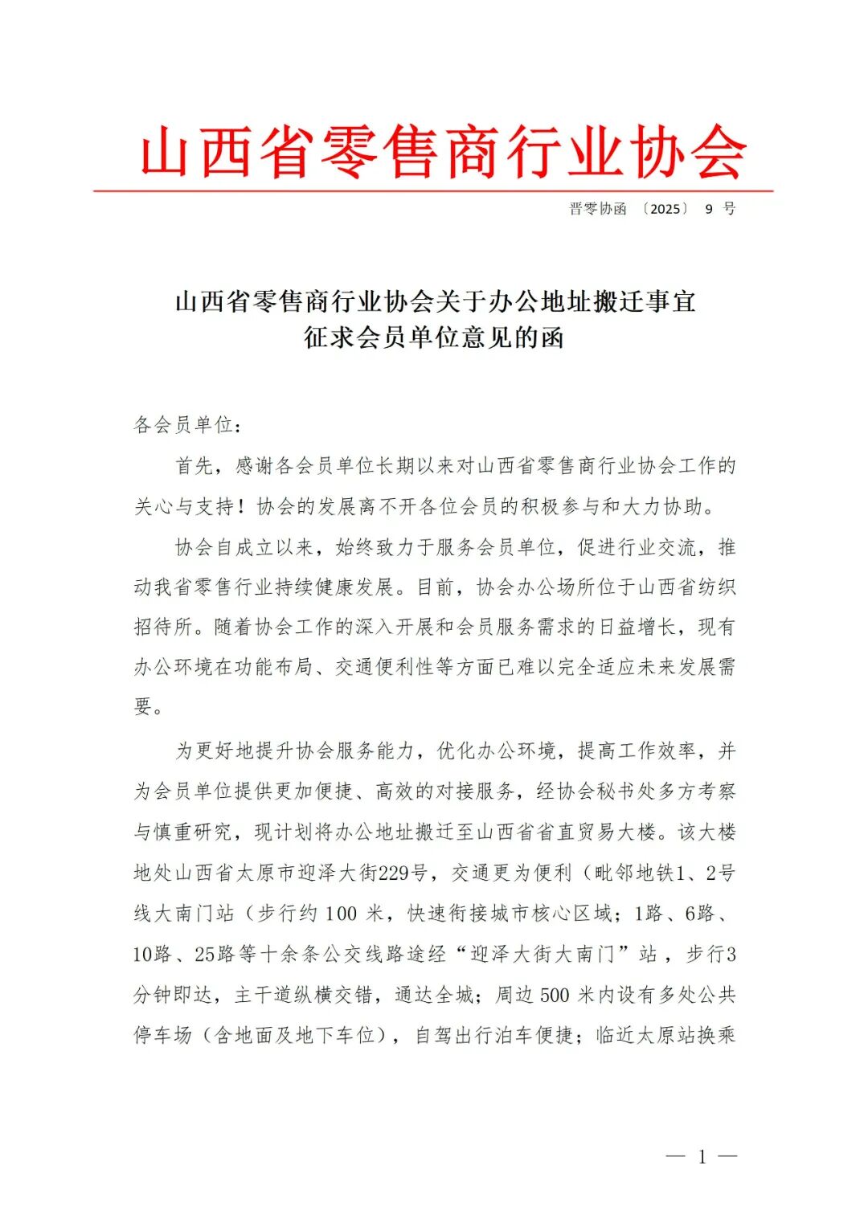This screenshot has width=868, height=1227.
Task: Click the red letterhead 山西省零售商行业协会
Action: click(443, 152)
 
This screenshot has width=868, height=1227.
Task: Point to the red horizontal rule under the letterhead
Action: click(433, 191)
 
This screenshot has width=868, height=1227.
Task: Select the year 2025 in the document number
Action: click(665, 209)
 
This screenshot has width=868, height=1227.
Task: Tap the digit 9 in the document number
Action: click(709, 209)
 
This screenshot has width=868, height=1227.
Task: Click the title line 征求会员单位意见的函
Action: click(433, 337)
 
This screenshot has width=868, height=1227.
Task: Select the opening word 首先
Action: click(195, 466)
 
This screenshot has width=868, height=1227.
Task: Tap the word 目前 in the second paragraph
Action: click(436, 587)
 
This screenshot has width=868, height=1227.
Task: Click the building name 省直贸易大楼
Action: click(596, 832)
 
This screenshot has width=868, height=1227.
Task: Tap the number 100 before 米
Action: click(341, 914)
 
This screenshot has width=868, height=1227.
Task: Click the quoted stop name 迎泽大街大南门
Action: click(542, 955)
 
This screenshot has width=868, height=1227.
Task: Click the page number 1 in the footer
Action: click(702, 1157)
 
